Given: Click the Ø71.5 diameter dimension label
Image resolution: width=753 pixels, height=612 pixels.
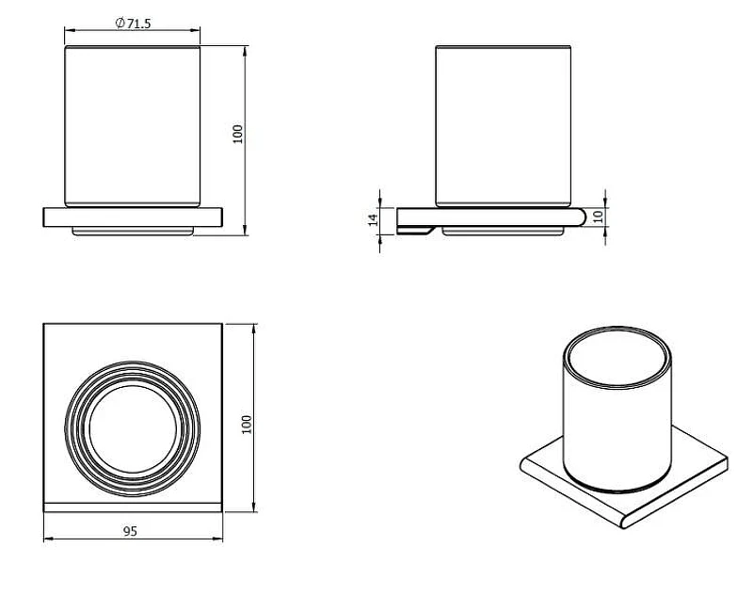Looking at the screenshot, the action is pos(133,23).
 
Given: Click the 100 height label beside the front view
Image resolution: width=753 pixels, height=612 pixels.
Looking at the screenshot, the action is pos(238,134).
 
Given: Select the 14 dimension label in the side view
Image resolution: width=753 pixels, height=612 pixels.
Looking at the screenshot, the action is pos(373,219).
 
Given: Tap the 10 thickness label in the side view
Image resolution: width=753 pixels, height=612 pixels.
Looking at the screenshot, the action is pos(598,217).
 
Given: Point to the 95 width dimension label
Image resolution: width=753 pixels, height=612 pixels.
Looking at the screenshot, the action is pos(130,531).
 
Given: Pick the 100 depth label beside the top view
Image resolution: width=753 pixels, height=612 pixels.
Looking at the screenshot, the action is pos(247,425).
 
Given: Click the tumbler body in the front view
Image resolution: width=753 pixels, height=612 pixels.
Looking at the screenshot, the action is pos(133,126).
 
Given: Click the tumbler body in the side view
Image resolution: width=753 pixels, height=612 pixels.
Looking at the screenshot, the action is pos(504,126).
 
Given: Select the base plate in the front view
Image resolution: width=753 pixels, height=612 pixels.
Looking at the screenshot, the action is pos(133,217).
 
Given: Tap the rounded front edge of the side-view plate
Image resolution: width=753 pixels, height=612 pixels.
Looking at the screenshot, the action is pos(581,217).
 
